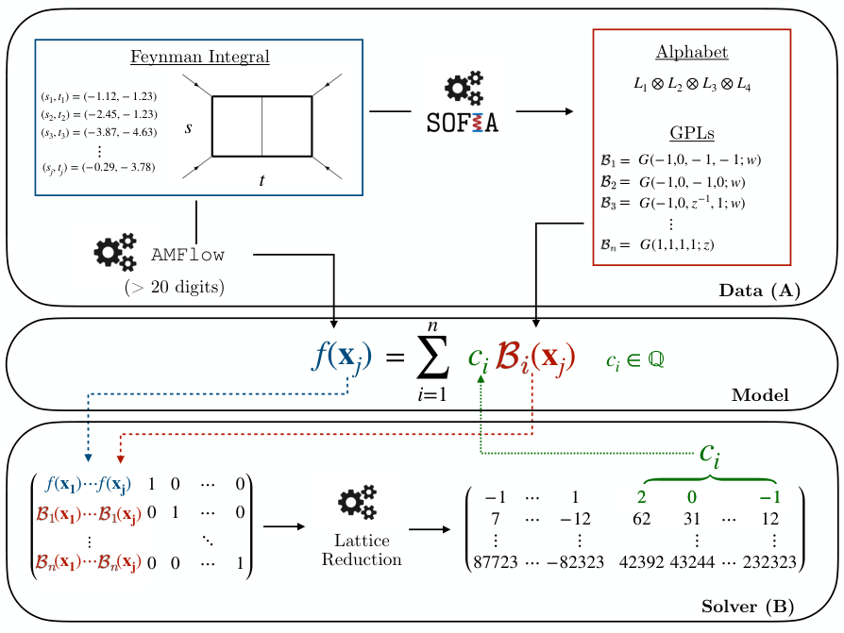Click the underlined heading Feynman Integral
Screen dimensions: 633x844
tap(199, 58)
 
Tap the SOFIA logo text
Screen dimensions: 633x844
tap(462, 123)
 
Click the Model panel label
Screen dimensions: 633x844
tap(760, 394)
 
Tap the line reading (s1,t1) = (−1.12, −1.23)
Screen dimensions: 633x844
tap(98, 96)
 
